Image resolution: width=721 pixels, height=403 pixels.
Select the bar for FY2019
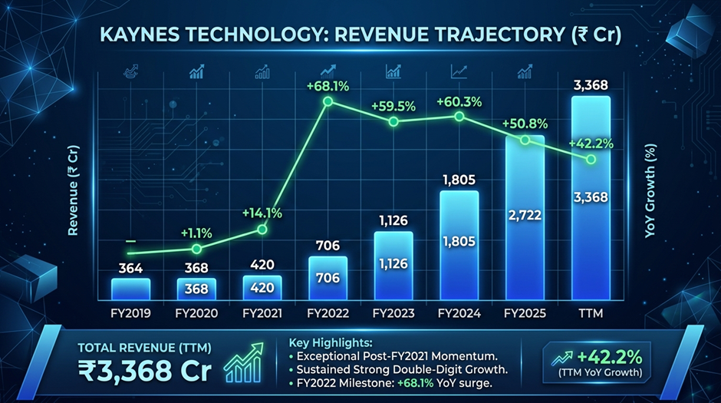point(130,289)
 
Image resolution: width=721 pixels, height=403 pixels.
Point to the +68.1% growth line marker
point(328,101)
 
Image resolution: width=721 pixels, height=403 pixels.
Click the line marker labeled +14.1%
point(262,230)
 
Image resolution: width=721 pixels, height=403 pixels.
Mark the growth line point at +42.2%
point(590,160)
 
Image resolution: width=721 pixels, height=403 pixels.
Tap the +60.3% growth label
point(459,101)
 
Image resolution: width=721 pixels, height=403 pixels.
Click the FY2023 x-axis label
point(393,313)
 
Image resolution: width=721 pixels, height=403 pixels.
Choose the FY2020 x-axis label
point(196,313)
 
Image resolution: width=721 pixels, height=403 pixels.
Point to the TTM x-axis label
point(590,313)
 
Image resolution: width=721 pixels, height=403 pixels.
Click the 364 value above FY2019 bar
point(130,267)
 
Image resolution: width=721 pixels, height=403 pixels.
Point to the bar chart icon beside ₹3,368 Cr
point(243,362)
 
